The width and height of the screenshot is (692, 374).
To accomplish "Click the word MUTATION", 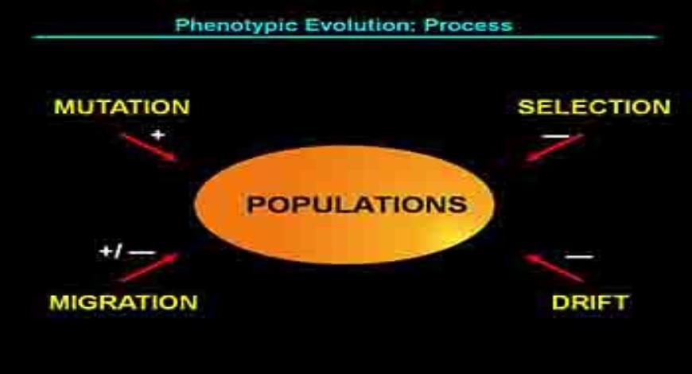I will [x=121, y=107].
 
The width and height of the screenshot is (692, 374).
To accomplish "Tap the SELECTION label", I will [x=593, y=107].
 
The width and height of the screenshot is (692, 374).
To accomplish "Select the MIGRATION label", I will [x=123, y=302].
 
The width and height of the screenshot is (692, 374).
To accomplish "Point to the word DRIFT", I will [x=589, y=302].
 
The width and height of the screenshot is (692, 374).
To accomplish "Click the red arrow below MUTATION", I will [x=151, y=149].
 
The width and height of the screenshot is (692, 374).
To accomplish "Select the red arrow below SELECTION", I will [x=554, y=148].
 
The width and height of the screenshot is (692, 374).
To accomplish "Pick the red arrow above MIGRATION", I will [x=150, y=267].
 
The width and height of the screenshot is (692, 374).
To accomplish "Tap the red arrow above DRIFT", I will [x=554, y=268].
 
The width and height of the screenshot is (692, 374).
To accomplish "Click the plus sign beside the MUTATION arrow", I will [x=157, y=134].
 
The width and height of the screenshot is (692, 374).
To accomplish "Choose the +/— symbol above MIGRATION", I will [x=127, y=252].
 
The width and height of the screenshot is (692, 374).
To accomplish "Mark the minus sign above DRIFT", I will [x=578, y=256].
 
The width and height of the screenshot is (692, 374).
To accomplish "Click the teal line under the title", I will [x=346, y=37].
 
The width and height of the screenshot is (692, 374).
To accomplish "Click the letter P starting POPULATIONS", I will [x=254, y=205].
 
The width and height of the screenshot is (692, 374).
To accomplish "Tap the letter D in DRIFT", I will [x=558, y=302].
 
